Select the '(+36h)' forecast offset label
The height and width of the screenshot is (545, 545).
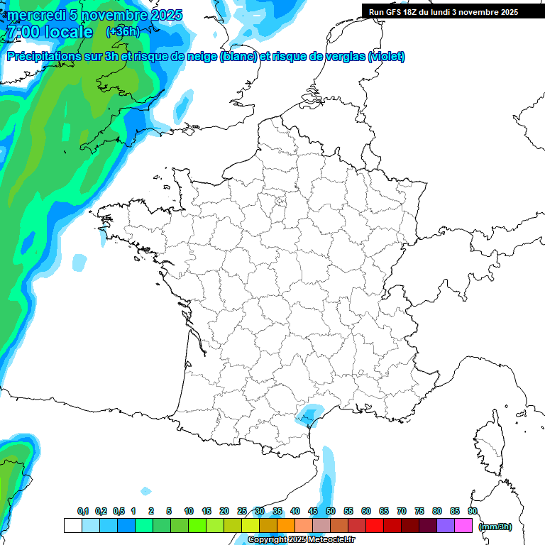pyautogui.click(x=122, y=32)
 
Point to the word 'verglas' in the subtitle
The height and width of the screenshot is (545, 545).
pyautogui.click(x=340, y=57)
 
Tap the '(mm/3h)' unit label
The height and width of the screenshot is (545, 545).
pyautogui.click(x=495, y=527)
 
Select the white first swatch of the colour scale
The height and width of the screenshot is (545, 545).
pyautogui.click(x=72, y=526)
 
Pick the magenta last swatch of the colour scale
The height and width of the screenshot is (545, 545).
pyautogui.click(x=464, y=526)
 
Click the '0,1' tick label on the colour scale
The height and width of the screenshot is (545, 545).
pyautogui.click(x=83, y=512)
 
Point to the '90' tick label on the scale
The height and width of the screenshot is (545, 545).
pyautogui.click(x=473, y=512)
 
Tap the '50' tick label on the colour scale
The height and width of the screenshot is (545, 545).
pyautogui.click(x=331, y=512)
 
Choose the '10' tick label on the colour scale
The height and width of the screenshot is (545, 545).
pyautogui.click(x=189, y=512)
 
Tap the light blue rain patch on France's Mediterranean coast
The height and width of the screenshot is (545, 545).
pyautogui.click(x=309, y=413)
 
